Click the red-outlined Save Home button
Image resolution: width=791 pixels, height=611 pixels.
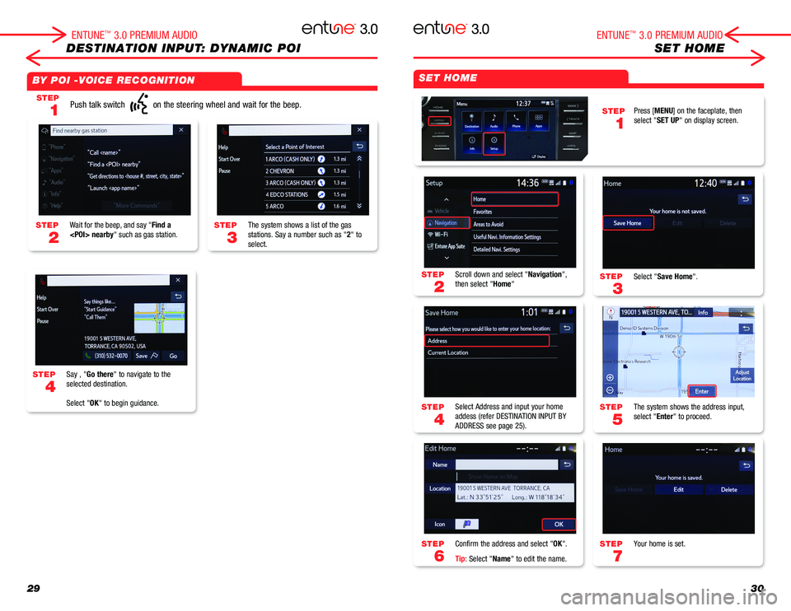point(628,222)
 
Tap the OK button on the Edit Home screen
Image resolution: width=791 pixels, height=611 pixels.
point(558,524)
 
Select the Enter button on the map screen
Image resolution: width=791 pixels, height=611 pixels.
point(703,391)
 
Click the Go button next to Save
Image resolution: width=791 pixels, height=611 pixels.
point(173,356)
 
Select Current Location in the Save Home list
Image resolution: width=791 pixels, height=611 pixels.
point(448,352)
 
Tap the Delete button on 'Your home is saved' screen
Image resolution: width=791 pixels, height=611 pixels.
point(728,489)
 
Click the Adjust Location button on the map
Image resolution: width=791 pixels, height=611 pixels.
point(742,375)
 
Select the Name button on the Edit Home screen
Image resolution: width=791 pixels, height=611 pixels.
point(439,464)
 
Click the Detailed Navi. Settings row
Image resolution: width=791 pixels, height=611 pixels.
point(507,250)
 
